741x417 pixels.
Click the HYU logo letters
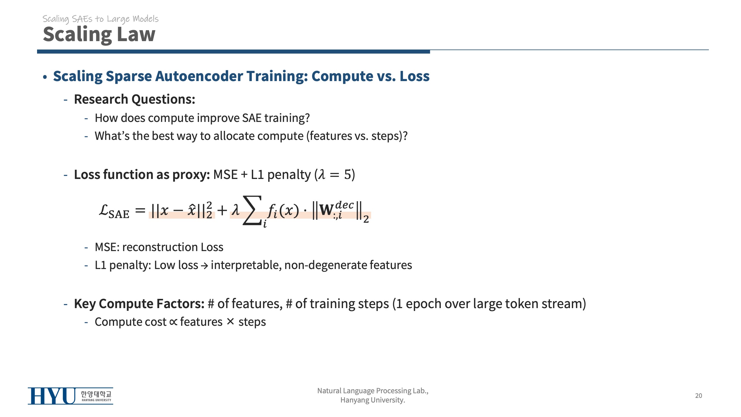[x=52, y=396]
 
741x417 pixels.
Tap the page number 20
[x=698, y=396]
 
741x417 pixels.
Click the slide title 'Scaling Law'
[x=99, y=34]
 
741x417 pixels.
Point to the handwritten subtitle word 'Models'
[x=146, y=19]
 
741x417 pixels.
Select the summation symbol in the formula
[x=252, y=211]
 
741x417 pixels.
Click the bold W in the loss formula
[x=326, y=210]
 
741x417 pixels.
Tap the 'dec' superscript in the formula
[x=344, y=205]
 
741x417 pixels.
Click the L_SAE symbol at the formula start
[x=114, y=211]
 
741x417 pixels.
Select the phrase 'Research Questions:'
[x=135, y=99]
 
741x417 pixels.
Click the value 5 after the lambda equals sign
[x=347, y=175]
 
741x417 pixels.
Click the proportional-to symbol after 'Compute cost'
[x=173, y=322]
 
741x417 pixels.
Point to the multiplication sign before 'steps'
[x=230, y=321]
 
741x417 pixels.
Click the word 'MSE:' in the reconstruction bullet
[x=107, y=247]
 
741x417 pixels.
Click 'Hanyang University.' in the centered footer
[x=373, y=400]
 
